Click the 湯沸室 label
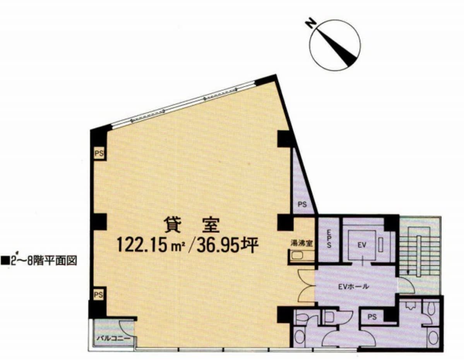click(301, 243)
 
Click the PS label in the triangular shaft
click(302, 204)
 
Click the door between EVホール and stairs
click(406, 285)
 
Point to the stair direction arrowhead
click(408, 273)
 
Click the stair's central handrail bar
click(419, 256)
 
